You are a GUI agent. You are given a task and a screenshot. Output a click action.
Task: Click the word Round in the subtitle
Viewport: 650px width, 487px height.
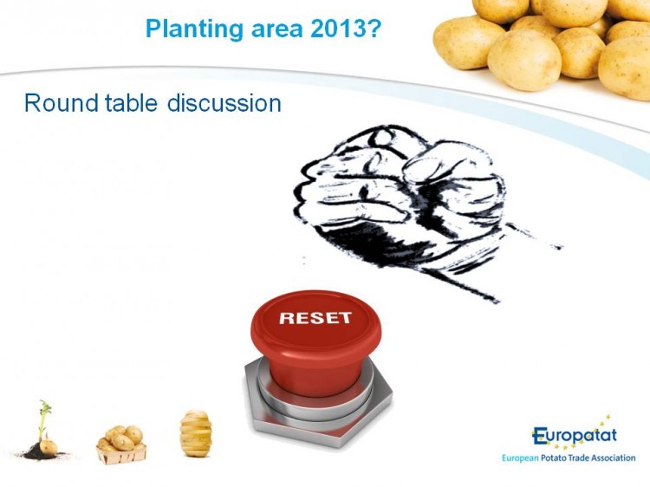point(62,103)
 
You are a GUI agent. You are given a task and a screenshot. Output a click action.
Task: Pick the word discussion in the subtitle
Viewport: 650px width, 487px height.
point(224,102)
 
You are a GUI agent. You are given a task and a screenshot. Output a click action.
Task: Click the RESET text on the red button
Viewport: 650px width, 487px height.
point(315,318)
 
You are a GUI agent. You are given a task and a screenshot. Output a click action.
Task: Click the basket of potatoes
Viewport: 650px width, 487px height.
point(121,445)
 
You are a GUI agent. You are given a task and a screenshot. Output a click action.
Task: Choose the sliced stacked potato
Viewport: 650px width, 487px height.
point(196,433)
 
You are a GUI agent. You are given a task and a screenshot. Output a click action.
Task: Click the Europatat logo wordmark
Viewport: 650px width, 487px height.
point(574,436)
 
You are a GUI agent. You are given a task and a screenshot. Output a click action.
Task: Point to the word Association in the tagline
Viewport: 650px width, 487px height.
point(614,458)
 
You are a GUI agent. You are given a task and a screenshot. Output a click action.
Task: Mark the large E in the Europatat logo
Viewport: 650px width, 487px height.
point(540,436)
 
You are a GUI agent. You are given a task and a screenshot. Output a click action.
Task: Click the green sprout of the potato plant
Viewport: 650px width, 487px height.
point(43,419)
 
